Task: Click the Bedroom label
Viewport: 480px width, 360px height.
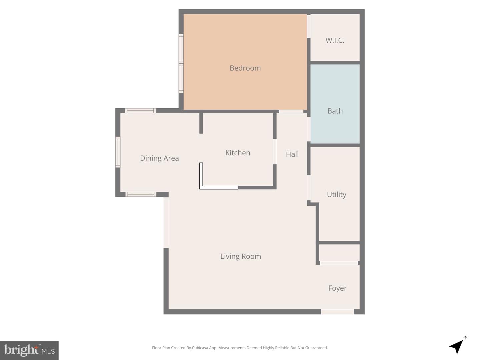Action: point(245,68)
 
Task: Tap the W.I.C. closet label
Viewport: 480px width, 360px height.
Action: point(335,40)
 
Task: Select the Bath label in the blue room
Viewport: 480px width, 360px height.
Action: point(335,111)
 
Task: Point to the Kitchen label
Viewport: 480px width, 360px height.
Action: point(238,153)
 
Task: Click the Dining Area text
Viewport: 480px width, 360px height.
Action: point(159,158)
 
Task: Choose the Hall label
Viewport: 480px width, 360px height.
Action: point(292,154)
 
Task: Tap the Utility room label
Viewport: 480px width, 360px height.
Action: point(336,194)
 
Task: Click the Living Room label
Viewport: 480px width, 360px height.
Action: point(240,256)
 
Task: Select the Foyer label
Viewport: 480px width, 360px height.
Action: point(337,288)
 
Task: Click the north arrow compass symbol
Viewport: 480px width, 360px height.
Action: point(457,346)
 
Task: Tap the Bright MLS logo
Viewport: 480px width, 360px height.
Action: point(29,350)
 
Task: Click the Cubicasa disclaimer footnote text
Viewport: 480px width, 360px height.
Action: point(240,348)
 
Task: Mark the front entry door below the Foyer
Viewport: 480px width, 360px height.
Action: point(337,312)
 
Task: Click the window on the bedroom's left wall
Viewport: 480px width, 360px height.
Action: point(181,63)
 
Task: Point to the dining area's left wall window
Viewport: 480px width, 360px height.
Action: point(118,152)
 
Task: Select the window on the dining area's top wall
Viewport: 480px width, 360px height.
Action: point(140,111)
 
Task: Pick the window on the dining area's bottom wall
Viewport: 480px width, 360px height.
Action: point(140,194)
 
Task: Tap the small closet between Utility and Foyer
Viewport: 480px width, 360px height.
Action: point(339,253)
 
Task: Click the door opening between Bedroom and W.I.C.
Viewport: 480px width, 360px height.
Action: point(309,26)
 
